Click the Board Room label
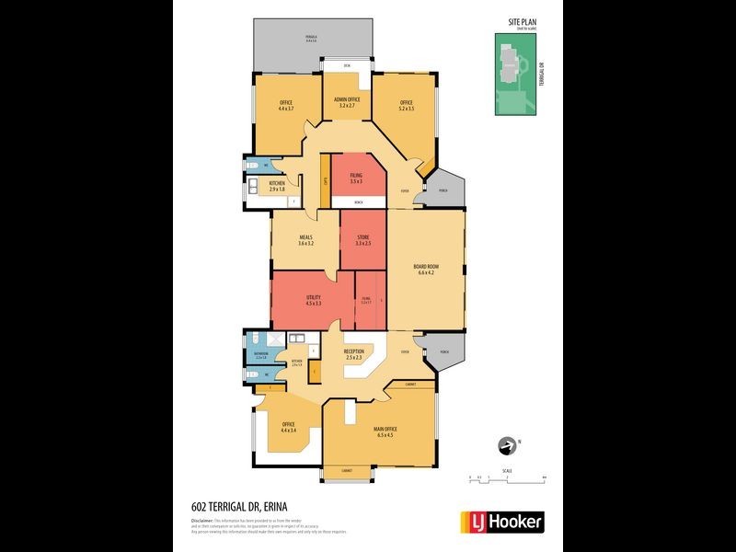(x=428, y=269)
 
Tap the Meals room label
(x=306, y=240)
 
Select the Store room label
(x=362, y=240)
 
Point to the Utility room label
(x=313, y=301)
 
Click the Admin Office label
(x=347, y=102)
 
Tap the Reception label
(x=354, y=353)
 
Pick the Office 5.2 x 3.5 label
(x=407, y=105)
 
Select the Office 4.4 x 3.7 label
(x=286, y=105)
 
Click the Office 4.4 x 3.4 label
(x=288, y=427)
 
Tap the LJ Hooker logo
(x=501, y=522)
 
